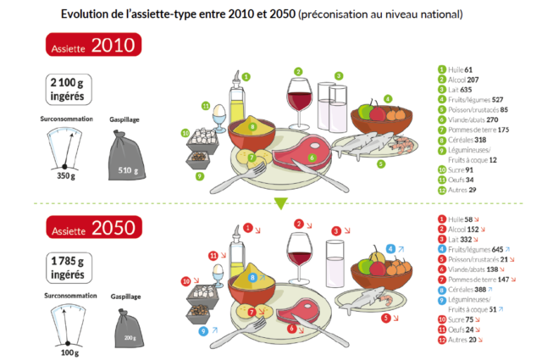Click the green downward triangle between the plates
point(283,202)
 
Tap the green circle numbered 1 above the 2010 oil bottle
point(245,76)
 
